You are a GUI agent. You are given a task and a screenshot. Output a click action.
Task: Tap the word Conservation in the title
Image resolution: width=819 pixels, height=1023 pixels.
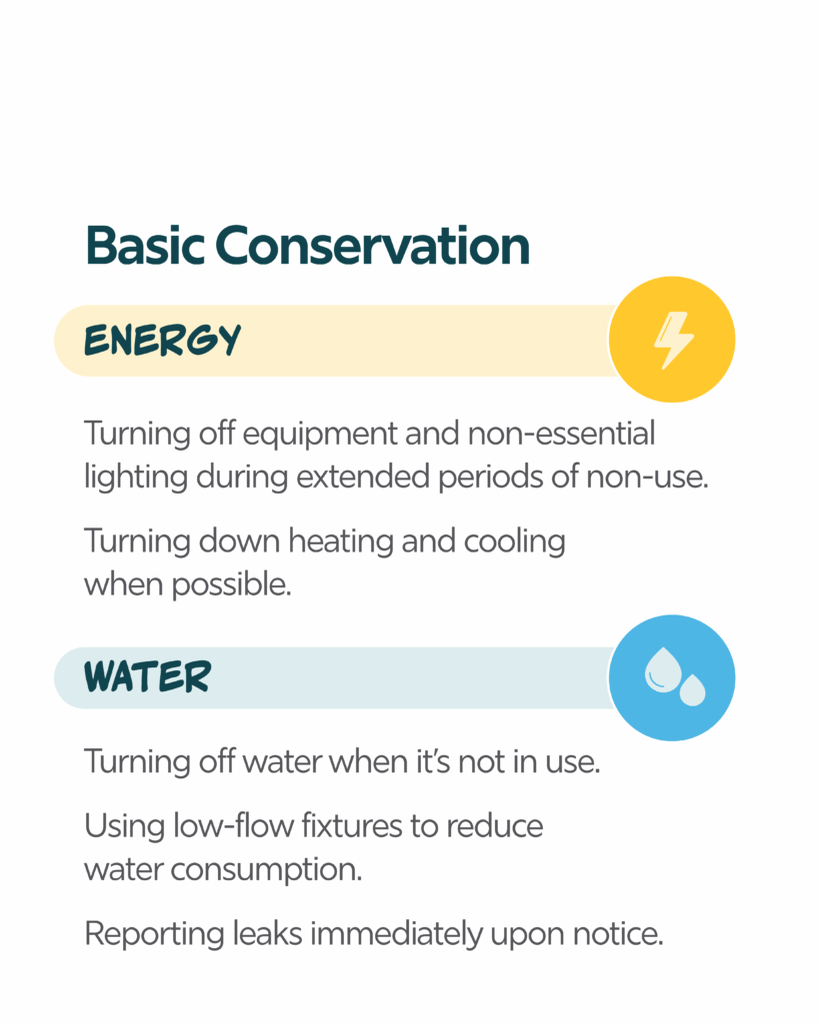pyautogui.click(x=372, y=246)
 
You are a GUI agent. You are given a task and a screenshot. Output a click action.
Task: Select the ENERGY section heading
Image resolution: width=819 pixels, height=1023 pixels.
pyautogui.click(x=163, y=340)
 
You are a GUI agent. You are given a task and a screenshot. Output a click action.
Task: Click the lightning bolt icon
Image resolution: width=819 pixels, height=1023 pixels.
pyautogui.click(x=673, y=340)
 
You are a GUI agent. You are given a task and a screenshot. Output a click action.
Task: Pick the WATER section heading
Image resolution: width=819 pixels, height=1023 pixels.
pyautogui.click(x=148, y=676)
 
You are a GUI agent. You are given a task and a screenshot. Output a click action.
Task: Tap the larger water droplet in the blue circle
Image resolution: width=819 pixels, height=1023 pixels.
pyautogui.click(x=663, y=669)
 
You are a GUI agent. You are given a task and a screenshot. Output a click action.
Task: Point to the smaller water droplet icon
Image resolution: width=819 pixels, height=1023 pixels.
pyautogui.click(x=692, y=690)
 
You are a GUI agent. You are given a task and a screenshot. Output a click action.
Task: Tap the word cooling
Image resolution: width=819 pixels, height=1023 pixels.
pyautogui.click(x=515, y=542)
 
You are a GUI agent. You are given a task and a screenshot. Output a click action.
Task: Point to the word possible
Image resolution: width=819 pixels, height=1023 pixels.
pyautogui.click(x=231, y=585)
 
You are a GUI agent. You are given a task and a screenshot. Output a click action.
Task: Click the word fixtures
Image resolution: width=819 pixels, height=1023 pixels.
pyautogui.click(x=352, y=825)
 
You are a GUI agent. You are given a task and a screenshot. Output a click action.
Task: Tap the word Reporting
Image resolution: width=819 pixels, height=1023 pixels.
pyautogui.click(x=155, y=934)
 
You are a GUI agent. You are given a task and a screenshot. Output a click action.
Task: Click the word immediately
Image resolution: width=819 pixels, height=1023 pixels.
pyautogui.click(x=396, y=934)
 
